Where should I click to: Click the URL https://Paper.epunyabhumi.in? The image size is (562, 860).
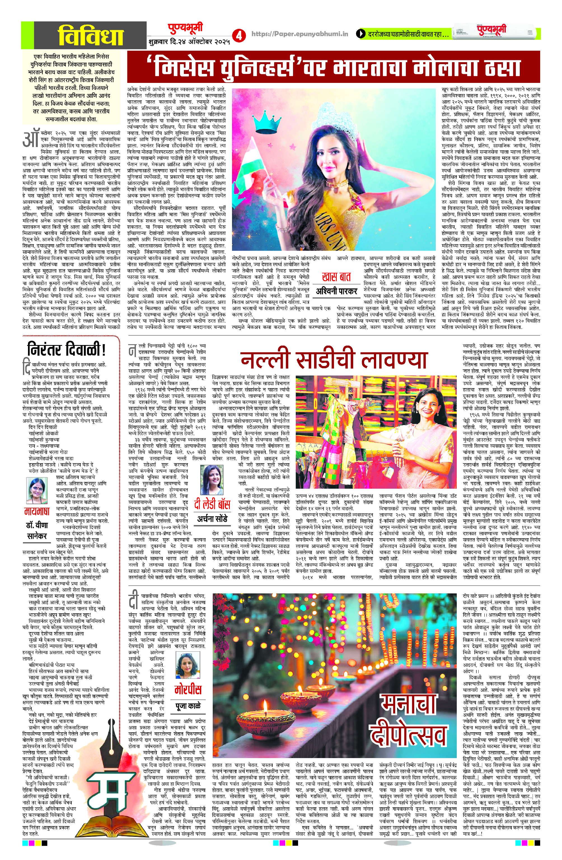pos(299,34)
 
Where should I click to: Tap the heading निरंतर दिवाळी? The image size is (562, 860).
pos(67,350)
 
